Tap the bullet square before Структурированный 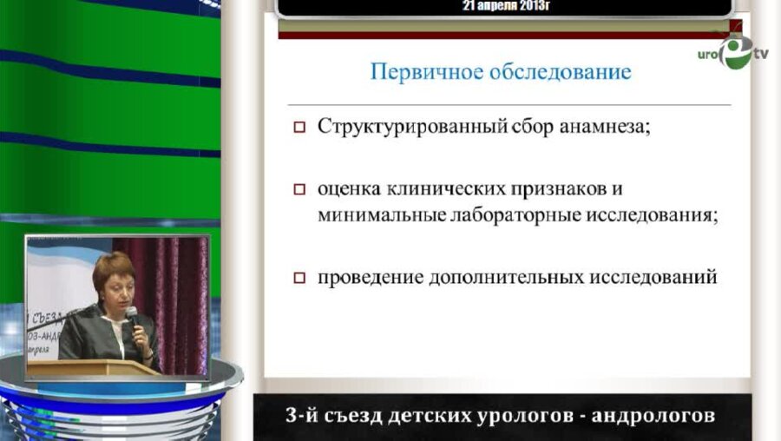coord(299,127)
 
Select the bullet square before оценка coord(299,189)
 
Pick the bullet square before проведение coord(299,279)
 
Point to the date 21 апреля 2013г coord(508,6)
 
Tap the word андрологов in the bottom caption coord(653,416)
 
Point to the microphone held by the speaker coord(133,319)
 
